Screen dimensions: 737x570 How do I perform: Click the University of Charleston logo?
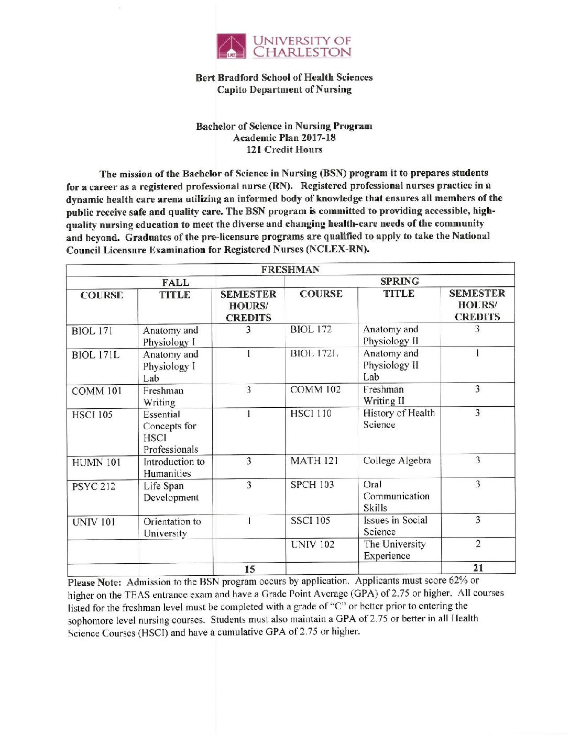(283, 46)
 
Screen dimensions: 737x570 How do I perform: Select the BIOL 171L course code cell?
(95, 355)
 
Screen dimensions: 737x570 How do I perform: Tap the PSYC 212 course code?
(94, 486)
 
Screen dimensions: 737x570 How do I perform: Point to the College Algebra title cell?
(397, 461)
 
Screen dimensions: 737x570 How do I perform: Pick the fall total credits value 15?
(250, 569)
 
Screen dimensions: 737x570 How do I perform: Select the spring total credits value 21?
(478, 568)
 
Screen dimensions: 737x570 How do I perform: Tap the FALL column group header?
(176, 283)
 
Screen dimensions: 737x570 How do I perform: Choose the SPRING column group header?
(399, 282)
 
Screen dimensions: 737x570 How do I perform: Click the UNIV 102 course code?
(312, 544)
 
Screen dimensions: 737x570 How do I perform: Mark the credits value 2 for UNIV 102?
(478, 544)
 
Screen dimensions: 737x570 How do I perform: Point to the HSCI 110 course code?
(311, 414)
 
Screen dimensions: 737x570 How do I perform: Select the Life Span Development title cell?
(171, 492)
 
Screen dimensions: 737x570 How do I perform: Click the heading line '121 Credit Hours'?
(284, 150)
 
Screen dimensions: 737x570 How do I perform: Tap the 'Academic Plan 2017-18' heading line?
(284, 138)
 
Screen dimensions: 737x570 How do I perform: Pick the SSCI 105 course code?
(310, 520)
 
